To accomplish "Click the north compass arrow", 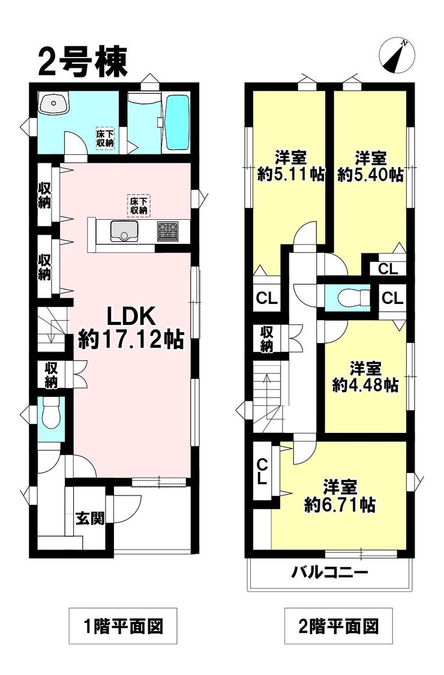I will click(x=396, y=55).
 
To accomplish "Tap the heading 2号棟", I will click(x=83, y=62).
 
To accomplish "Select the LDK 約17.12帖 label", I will click(x=131, y=327).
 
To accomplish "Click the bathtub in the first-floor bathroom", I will click(x=177, y=123).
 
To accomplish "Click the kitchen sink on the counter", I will click(x=123, y=230).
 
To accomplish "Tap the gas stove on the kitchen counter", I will click(x=168, y=231).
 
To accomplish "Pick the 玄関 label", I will click(x=89, y=517).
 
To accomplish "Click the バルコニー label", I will click(x=329, y=572).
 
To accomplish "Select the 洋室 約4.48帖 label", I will click(x=365, y=376).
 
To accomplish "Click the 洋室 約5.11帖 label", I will click(x=291, y=166).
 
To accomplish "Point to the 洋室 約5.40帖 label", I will click(x=370, y=166).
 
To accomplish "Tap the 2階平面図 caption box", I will click(x=339, y=628).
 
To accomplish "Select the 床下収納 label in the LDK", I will click(x=139, y=205).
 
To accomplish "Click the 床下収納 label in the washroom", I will click(x=105, y=138).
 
